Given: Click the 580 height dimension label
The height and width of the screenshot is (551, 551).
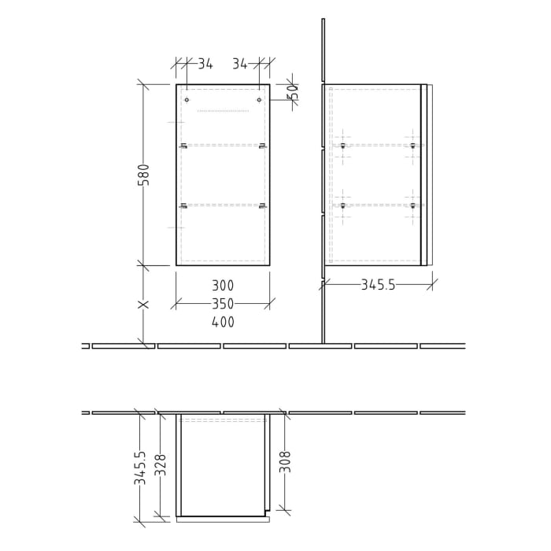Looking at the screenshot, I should (x=143, y=175).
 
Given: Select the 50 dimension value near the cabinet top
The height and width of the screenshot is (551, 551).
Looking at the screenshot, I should (x=292, y=92).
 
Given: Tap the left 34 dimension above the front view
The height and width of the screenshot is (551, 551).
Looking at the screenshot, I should (x=205, y=64).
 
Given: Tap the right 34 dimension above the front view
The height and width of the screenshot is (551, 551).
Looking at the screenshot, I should (x=241, y=64).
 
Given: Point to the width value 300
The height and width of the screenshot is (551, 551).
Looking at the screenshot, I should (x=223, y=286).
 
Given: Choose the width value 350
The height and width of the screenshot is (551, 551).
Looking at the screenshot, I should (x=223, y=304).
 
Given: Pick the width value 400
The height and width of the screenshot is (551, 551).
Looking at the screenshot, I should (x=223, y=322).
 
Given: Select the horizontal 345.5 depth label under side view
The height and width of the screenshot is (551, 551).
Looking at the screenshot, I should (x=378, y=285).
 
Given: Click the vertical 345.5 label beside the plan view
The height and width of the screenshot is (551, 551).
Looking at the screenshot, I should (x=140, y=467).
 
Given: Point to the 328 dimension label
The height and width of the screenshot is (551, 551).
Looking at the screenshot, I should (x=161, y=464).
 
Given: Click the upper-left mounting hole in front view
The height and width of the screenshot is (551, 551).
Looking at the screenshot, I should (x=187, y=100).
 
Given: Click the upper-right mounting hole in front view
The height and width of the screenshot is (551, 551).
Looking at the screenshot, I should (x=259, y=100).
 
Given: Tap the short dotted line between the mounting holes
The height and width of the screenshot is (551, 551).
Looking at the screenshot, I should (x=223, y=111).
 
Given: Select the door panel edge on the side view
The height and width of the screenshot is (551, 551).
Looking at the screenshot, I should (x=424, y=175).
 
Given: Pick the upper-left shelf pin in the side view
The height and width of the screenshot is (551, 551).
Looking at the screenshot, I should (x=343, y=146).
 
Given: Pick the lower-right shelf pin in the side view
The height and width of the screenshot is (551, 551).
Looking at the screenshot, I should (x=412, y=205).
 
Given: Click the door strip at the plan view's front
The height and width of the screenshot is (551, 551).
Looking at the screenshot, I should (x=223, y=520).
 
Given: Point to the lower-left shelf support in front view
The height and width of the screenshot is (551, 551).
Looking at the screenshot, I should (x=183, y=205).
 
